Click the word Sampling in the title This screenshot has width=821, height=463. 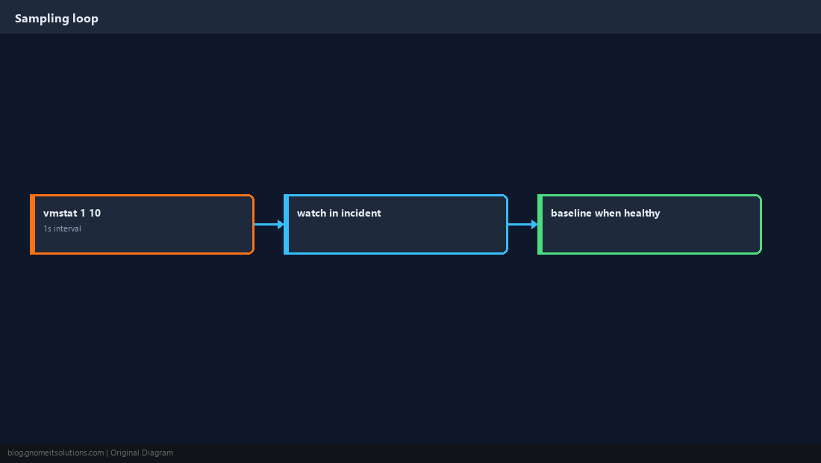coord(42,19)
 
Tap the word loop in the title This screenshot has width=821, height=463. coord(85,19)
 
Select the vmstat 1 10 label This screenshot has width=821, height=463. coord(72,213)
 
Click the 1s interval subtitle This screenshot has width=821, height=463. coord(62,229)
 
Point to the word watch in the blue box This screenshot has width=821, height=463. coord(311,213)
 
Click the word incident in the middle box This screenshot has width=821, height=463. coord(360,213)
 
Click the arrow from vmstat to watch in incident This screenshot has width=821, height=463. coord(269,224)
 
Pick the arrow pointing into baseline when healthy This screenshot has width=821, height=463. coord(523,224)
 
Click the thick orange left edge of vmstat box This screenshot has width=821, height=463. coord(32,224)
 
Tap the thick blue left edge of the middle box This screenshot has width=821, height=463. coord(287,224)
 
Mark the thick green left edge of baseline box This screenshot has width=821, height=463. coord(540,224)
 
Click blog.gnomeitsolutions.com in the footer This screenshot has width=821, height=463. coord(55,453)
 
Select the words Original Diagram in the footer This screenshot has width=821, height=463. coord(142,453)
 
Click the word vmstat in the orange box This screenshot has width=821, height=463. coord(60,213)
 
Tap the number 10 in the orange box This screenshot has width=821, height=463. coord(95,213)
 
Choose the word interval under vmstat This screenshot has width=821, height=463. coord(67,229)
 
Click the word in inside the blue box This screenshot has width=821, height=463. coord(334,213)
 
